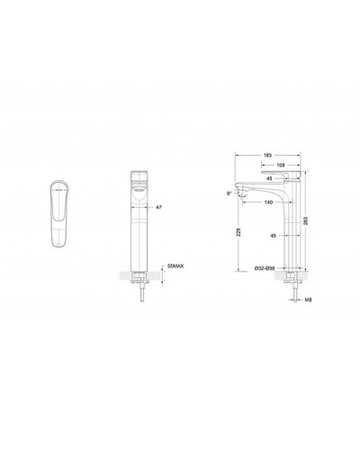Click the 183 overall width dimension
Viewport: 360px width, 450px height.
pos(268,156)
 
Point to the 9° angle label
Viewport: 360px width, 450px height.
pos(230,192)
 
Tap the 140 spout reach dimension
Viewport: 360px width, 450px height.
pos(269,202)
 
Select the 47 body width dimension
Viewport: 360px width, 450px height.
pos(160,206)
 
